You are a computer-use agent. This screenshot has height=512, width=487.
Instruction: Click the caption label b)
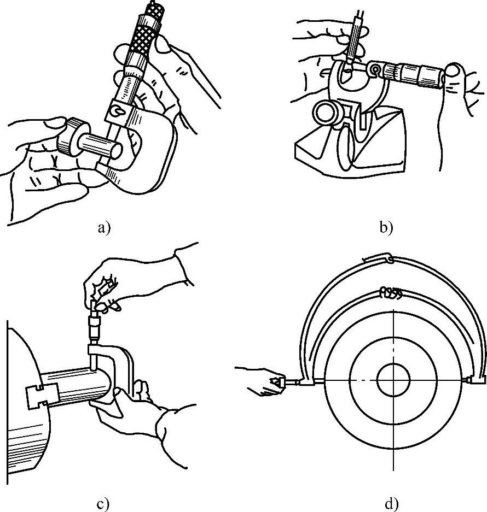tap(386, 227)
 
